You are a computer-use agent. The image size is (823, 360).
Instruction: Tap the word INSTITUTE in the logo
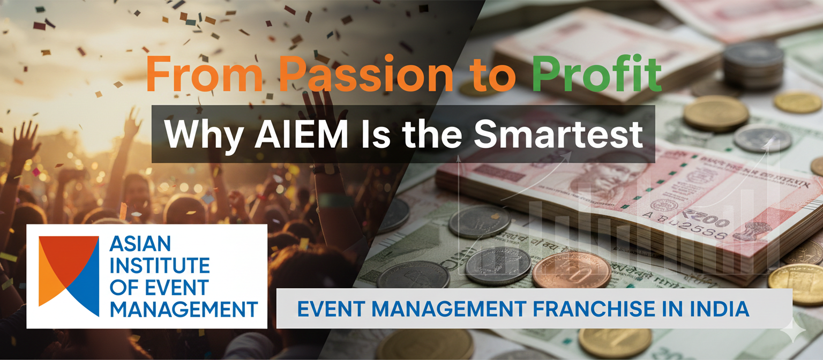[x=159, y=266]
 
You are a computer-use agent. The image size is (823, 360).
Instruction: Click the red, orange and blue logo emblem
[x=69, y=275]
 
